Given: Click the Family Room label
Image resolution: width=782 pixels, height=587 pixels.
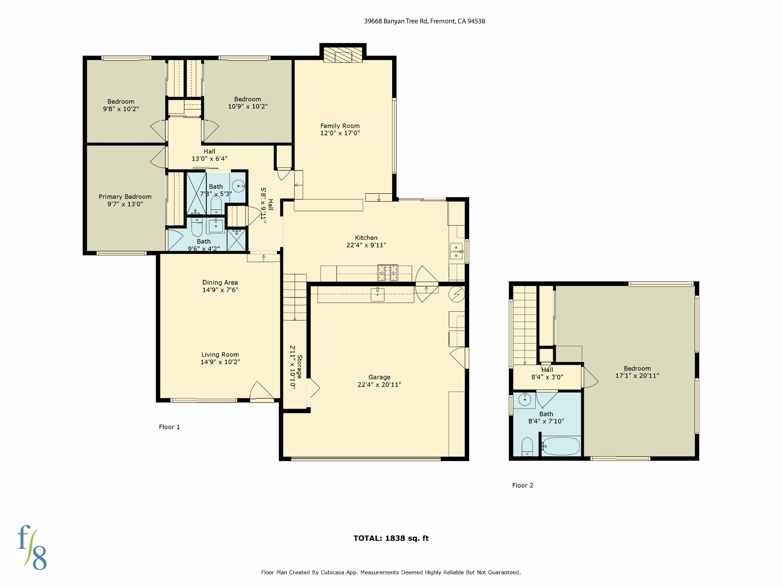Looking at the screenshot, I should pyautogui.click(x=340, y=126).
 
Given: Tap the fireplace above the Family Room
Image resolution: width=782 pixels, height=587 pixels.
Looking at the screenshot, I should pyautogui.click(x=343, y=55).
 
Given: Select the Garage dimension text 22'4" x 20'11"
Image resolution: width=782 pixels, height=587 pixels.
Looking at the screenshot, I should pyautogui.click(x=379, y=384).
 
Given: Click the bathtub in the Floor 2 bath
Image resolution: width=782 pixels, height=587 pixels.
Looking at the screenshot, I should pyautogui.click(x=561, y=446).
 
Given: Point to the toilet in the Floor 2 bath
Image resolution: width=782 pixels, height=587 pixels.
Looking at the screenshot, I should pyautogui.click(x=527, y=447).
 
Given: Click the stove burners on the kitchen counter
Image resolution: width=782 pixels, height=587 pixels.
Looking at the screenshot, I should pyautogui.click(x=388, y=273).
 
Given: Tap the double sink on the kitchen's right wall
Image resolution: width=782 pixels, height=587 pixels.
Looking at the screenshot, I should pyautogui.click(x=456, y=251).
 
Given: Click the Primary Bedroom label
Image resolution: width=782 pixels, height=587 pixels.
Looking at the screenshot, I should pyautogui.click(x=125, y=196).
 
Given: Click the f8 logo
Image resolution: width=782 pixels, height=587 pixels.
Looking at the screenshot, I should pyautogui.click(x=32, y=547).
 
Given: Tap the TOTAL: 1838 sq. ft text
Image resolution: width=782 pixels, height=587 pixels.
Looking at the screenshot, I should pyautogui.click(x=391, y=538).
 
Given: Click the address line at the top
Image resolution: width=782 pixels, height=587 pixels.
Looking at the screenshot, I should pyautogui.click(x=424, y=21).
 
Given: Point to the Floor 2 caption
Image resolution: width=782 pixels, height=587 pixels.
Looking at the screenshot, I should pyautogui.click(x=522, y=485).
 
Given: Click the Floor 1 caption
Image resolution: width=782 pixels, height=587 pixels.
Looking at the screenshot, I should pyautogui.click(x=169, y=427).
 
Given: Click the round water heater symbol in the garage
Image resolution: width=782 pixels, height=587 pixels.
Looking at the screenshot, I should pyautogui.click(x=456, y=294).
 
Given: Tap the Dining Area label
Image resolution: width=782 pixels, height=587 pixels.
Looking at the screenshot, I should pyautogui.click(x=220, y=282).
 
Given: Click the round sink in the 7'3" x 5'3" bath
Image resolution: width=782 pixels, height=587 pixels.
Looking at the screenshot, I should pyautogui.click(x=238, y=186).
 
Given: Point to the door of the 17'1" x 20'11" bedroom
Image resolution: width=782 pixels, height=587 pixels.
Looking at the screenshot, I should pyautogui.click(x=590, y=378).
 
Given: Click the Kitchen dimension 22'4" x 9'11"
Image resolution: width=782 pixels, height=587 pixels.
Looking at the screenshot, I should pyautogui.click(x=366, y=245).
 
